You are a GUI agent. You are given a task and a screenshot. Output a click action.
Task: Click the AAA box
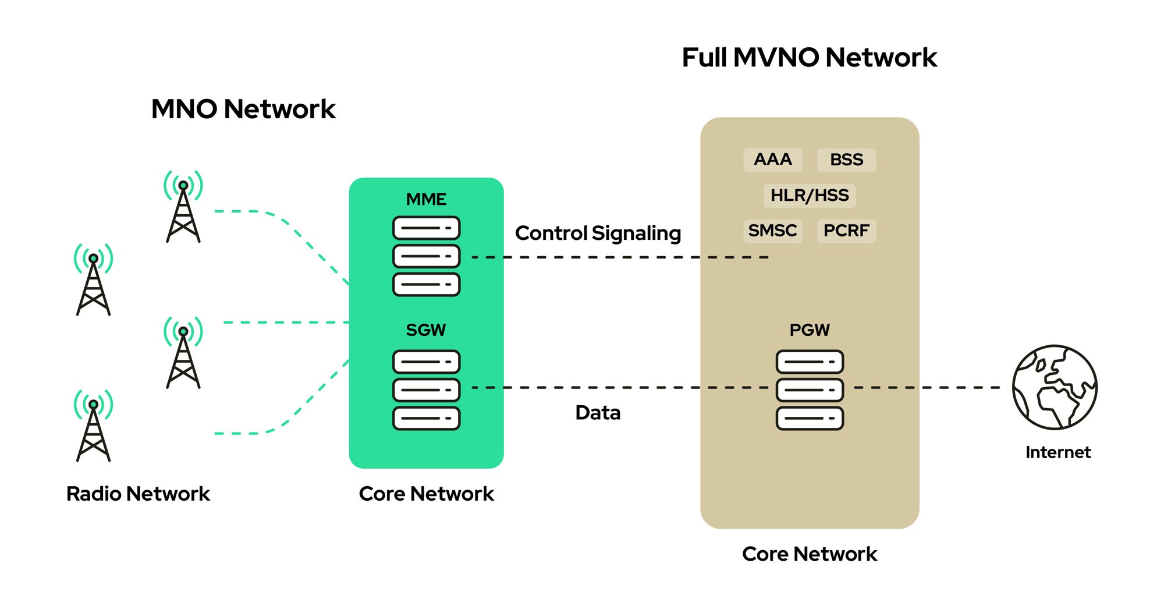[x=772, y=160]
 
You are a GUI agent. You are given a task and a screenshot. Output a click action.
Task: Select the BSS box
[x=846, y=160]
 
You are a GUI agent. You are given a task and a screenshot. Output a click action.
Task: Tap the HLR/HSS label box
[x=809, y=196]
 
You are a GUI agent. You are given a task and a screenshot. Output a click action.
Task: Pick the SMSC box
[x=772, y=231]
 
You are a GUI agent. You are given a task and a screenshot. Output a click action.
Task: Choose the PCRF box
[x=846, y=231]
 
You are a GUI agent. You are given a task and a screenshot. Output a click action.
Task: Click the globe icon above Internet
[x=1054, y=387]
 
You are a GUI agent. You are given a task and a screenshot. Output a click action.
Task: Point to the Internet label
[x=1057, y=452]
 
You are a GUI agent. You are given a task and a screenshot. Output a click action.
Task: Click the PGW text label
[x=809, y=330]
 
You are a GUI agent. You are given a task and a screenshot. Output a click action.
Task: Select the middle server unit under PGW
[x=809, y=390]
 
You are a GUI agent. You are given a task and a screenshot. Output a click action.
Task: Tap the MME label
[x=426, y=200]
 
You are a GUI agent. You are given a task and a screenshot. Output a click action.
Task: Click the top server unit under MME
[x=426, y=228]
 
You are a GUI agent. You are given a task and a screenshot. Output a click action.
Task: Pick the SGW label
[x=426, y=330]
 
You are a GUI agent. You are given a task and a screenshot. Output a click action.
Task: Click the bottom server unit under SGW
[x=426, y=418]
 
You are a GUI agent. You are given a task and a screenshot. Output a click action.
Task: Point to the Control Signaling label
[x=598, y=233]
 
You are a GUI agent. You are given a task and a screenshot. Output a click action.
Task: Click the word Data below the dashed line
[x=598, y=413]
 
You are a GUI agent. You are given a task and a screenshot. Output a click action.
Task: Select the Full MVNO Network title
[x=809, y=58]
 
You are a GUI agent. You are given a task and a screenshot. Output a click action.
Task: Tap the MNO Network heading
[x=243, y=109]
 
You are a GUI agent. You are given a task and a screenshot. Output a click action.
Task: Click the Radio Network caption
[x=138, y=494]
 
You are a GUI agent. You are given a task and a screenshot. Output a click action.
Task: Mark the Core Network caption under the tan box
[x=809, y=554]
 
